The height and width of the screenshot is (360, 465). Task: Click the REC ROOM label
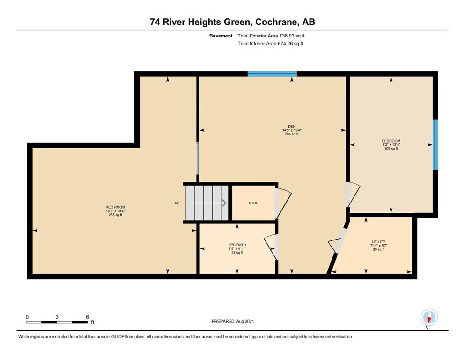(115, 207)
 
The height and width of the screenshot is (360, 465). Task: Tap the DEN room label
(292, 127)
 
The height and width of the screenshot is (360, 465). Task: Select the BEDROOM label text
(391, 141)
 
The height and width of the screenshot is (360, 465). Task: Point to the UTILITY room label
(379, 242)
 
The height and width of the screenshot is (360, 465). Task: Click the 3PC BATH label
(237, 245)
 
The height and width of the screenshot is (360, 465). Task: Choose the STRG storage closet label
(253, 203)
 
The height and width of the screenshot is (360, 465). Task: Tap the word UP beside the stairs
(177, 203)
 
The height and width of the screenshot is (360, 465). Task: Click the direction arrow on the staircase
(208, 203)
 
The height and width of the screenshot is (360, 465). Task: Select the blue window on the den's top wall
(272, 74)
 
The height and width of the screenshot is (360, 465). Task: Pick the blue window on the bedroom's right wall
(435, 144)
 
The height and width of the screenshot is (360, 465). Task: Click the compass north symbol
(429, 317)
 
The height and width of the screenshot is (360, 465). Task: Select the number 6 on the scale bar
(87, 317)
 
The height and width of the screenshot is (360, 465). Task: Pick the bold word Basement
(221, 36)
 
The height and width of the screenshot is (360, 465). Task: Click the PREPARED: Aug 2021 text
(232, 321)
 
